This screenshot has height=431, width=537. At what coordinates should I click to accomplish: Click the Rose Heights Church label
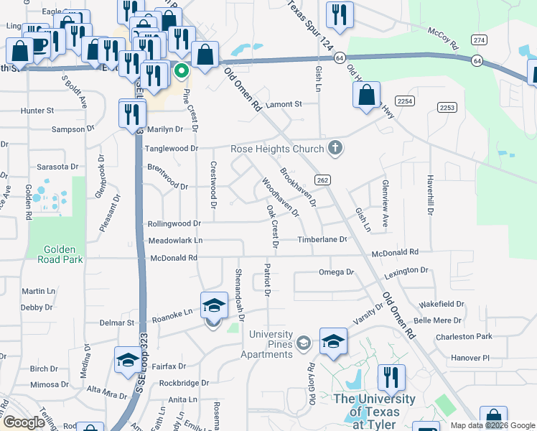point(276,149)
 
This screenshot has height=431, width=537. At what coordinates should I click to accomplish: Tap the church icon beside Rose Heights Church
point(334,149)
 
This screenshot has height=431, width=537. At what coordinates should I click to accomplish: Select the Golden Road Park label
point(55,254)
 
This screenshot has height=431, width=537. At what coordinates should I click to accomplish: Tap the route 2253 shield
point(447,107)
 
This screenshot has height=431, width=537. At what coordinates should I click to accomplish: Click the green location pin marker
point(182,71)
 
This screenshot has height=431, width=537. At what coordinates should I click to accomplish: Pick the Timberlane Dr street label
point(323,239)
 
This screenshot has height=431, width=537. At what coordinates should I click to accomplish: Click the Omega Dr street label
point(336,272)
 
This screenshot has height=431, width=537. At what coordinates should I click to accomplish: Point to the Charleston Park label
point(464,336)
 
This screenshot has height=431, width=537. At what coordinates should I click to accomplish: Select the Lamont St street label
point(284,104)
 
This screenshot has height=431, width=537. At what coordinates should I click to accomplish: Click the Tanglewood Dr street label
point(172,149)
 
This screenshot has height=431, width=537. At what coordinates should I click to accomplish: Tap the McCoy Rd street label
point(442,39)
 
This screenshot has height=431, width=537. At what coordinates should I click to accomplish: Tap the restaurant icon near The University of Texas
point(391,378)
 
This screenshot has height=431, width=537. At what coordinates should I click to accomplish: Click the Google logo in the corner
point(24,422)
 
